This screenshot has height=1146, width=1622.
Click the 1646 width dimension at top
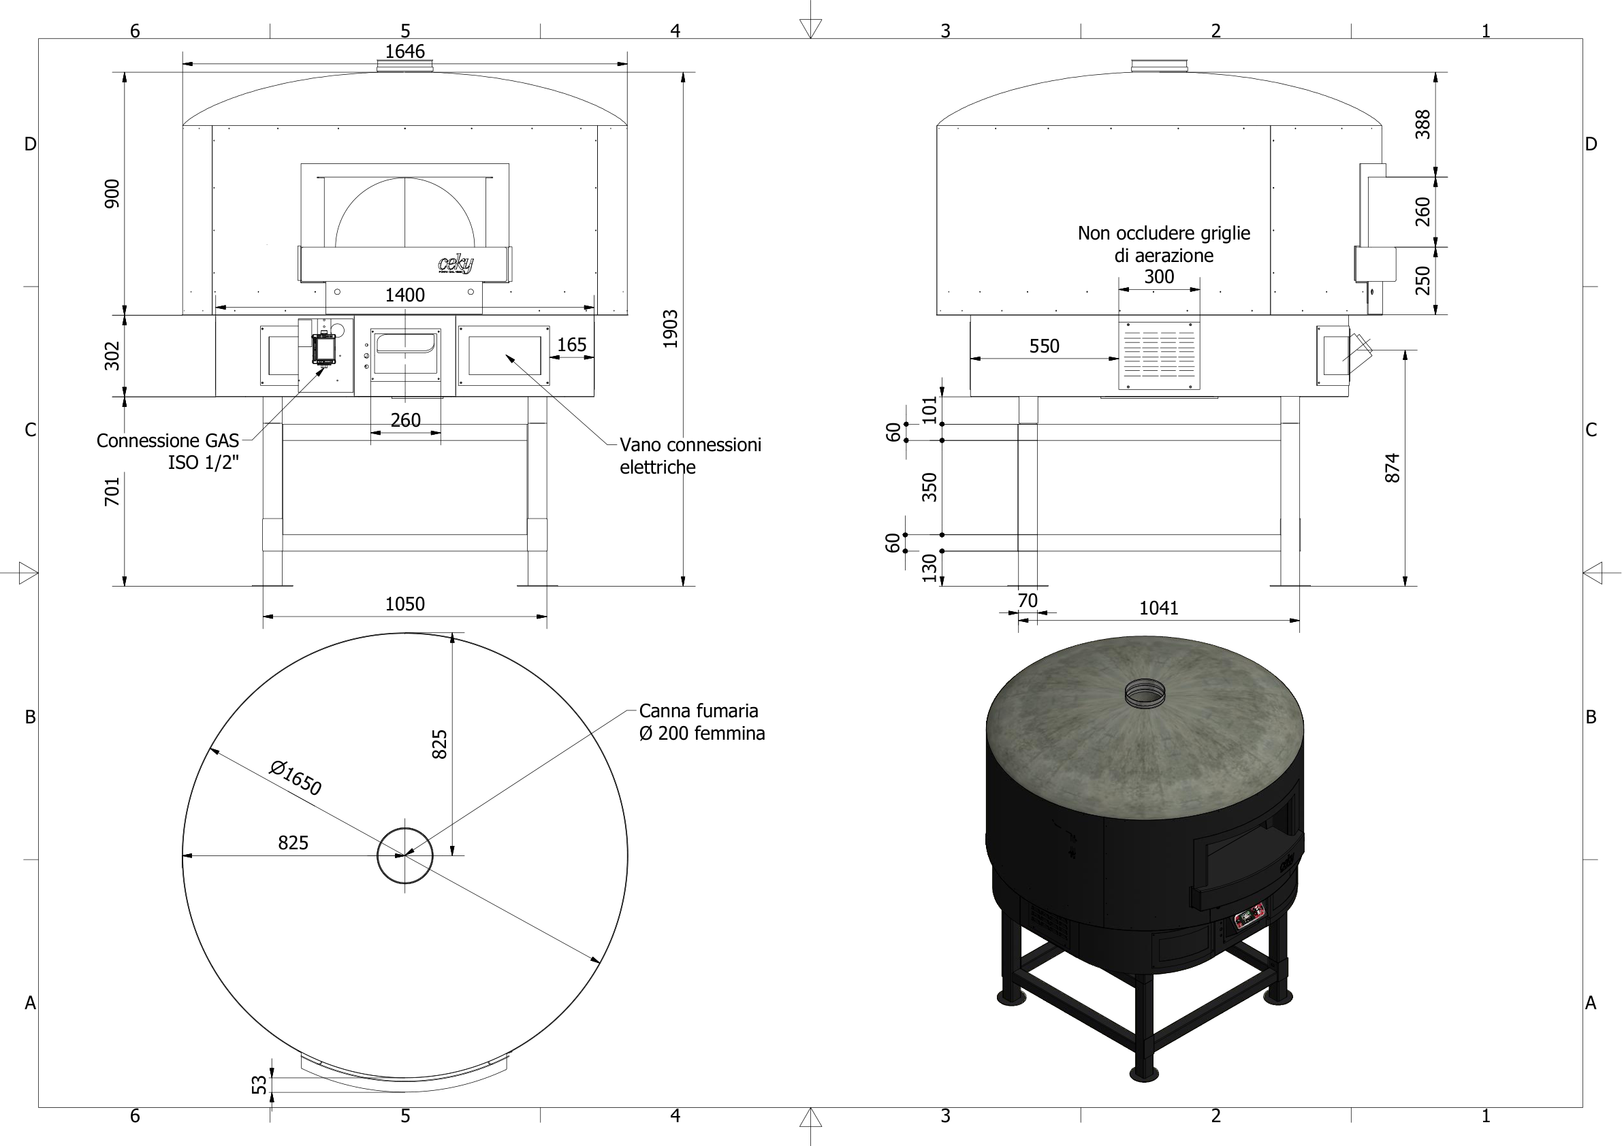coord(404,52)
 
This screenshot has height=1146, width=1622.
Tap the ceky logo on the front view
coord(456,264)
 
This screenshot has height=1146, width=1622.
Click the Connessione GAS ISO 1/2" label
coord(168,451)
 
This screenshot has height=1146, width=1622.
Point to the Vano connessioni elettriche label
coord(690,455)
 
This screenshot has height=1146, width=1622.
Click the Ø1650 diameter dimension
coord(296,777)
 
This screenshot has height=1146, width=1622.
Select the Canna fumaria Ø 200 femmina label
coord(701,721)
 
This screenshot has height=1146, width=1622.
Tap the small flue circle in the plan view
coord(404,856)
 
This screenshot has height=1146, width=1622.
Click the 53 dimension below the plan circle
coord(260,1085)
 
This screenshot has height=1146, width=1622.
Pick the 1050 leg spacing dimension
coord(404,604)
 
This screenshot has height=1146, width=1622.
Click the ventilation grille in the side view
coord(1159,355)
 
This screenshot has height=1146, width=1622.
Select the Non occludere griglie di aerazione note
coord(1164,244)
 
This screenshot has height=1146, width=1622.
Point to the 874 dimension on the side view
coord(1392,468)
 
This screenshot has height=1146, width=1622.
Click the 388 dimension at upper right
coord(1422,125)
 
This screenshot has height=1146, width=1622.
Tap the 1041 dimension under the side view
coord(1158,608)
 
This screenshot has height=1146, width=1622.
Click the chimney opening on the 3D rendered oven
coord(1145,693)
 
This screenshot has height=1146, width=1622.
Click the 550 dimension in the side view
coord(1044,346)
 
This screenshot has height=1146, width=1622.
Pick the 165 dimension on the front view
coord(571,344)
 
